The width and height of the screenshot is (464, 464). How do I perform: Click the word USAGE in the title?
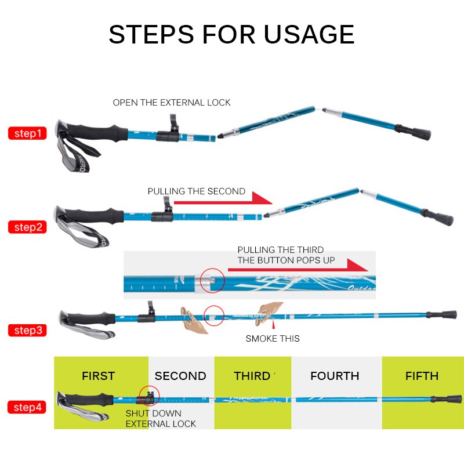pos(309,34)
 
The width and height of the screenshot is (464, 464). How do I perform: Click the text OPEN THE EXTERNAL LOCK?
pos(172,103)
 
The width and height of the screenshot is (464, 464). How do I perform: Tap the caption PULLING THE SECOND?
pos(196,191)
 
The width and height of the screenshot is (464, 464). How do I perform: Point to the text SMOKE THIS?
pos(273,338)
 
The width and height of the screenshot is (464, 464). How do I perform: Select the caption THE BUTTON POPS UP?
pos(286,260)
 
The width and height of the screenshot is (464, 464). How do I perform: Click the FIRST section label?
pos(98,376)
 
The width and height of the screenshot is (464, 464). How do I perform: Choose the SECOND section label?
pos(180,376)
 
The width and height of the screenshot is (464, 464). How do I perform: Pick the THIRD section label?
pos(252,376)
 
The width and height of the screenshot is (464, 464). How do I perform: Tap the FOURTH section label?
pos(335,376)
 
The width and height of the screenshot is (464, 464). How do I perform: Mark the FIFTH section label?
pos(422,376)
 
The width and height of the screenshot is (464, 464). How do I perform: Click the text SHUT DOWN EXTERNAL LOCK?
pos(161,418)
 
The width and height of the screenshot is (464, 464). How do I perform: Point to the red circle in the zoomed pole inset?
pos(212,281)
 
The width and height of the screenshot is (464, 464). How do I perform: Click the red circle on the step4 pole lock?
pos(149,396)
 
